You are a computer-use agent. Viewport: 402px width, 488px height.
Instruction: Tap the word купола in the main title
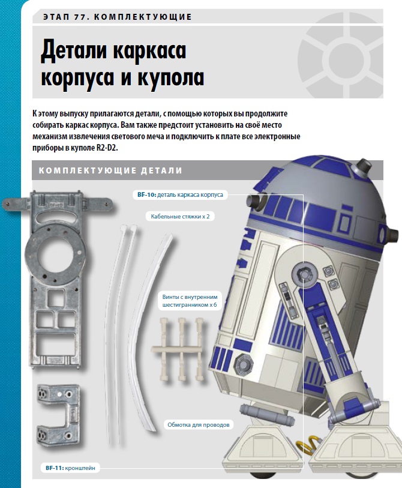click(171, 77)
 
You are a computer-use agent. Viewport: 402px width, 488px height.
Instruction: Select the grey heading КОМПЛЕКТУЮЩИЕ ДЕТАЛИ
click(110, 170)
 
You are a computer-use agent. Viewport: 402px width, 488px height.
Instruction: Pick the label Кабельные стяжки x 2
click(180, 216)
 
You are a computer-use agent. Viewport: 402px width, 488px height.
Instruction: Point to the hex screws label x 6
click(190, 301)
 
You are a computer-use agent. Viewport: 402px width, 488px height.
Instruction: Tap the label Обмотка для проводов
click(198, 424)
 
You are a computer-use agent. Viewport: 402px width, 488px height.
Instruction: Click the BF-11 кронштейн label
click(70, 468)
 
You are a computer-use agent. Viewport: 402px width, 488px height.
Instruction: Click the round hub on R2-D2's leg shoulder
click(305, 274)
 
